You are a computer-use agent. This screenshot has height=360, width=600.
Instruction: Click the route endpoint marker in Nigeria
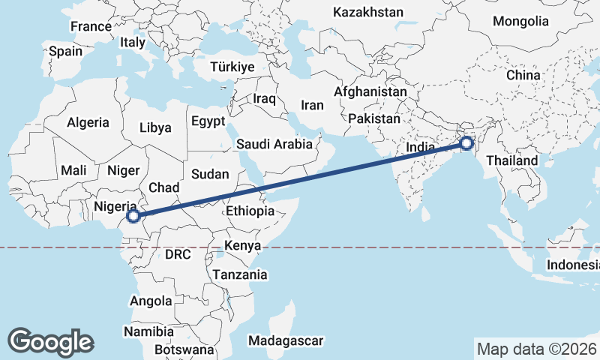tap(133, 216)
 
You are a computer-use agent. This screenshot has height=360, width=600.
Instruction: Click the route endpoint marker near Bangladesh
tap(466, 142)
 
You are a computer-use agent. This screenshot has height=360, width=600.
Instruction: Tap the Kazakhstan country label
tap(368, 12)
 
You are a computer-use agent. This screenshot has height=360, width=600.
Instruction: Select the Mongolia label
tap(521, 20)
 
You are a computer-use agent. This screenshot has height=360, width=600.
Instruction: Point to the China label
tap(523, 75)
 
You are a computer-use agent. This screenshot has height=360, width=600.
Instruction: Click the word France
tap(91, 26)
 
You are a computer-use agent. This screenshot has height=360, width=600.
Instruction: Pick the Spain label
tap(65, 52)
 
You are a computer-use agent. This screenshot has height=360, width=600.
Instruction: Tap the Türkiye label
tap(232, 67)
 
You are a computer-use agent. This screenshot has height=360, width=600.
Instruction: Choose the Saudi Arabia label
tap(274, 144)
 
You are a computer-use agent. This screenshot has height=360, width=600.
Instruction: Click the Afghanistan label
tap(370, 91)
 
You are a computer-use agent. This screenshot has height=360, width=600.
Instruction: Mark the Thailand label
tap(512, 160)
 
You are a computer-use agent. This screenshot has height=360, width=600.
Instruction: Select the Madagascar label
tap(286, 340)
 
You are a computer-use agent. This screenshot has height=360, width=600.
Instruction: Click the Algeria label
tap(88, 122)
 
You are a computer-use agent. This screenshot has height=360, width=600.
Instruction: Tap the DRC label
tap(178, 254)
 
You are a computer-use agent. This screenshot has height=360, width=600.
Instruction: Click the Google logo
tap(50, 341)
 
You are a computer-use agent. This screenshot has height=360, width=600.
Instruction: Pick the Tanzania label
tap(239, 274)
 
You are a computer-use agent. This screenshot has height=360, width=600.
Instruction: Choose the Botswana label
tap(183, 349)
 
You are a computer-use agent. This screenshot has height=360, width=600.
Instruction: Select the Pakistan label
tap(374, 118)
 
